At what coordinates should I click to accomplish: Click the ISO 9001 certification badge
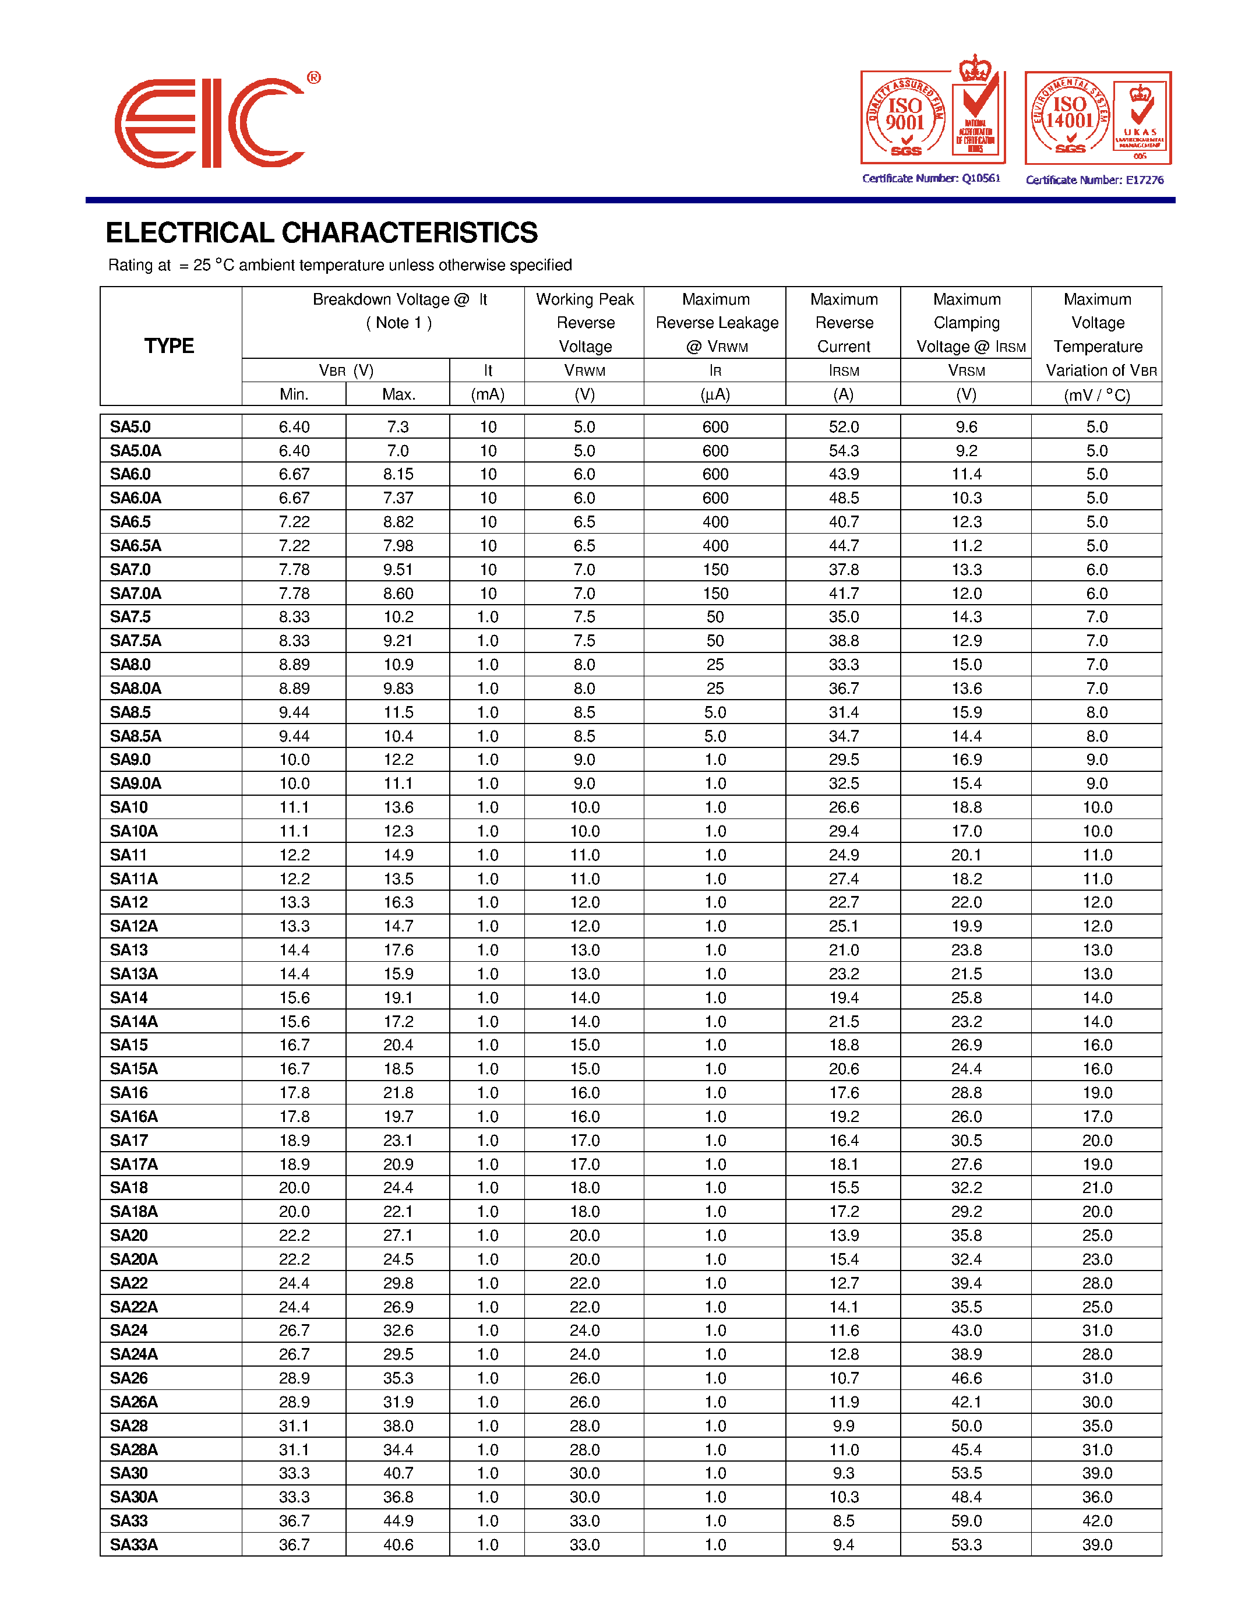tap(932, 117)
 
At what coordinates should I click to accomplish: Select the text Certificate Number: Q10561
tap(931, 178)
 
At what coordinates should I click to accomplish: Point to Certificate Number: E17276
tap(1094, 179)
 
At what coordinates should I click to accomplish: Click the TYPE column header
tap(170, 345)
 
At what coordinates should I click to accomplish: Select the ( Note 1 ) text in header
tap(398, 323)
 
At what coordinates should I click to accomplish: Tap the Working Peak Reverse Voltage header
tap(584, 323)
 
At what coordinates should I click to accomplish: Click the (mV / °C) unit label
tap(1096, 394)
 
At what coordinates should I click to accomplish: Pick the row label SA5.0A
tap(136, 450)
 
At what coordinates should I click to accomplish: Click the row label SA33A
tap(133, 1544)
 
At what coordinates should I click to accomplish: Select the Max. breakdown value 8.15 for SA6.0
tap(398, 474)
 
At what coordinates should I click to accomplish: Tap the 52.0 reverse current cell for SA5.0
tap(844, 427)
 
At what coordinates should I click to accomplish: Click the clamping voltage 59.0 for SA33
tap(966, 1520)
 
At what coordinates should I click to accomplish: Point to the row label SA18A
tap(133, 1211)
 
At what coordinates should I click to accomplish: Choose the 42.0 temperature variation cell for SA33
tap(1096, 1520)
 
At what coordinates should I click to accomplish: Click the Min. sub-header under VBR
tap(294, 394)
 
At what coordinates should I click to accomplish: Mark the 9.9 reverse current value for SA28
tap(844, 1425)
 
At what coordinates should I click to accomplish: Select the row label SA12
tap(129, 902)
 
